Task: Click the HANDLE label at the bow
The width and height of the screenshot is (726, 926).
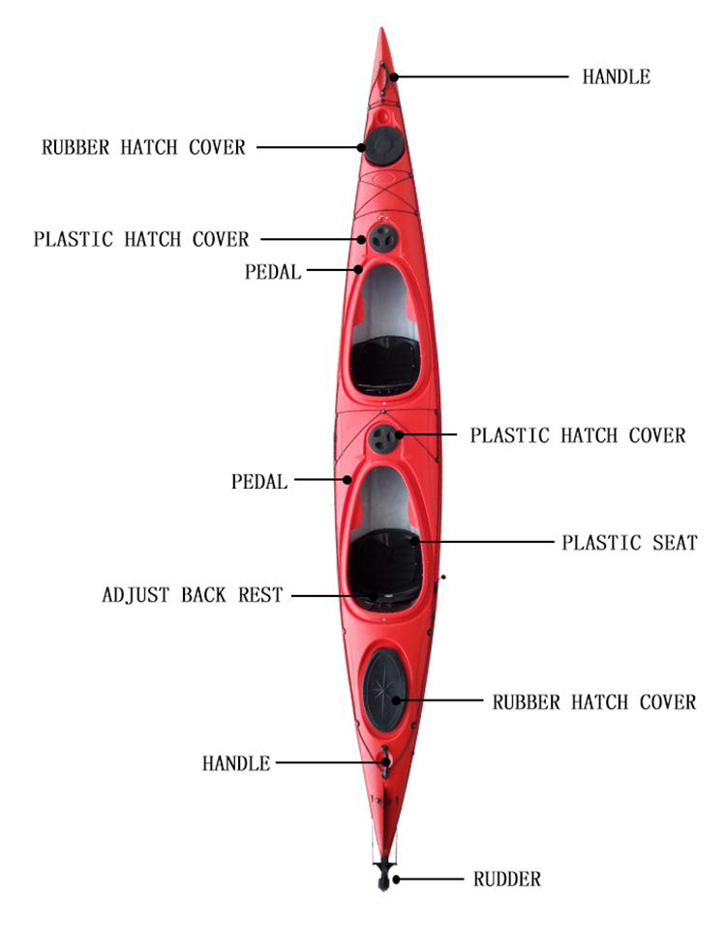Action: pyautogui.click(x=616, y=76)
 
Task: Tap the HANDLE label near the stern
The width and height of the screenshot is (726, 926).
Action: pyautogui.click(x=236, y=763)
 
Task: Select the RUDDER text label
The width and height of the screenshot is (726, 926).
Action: pyautogui.click(x=507, y=879)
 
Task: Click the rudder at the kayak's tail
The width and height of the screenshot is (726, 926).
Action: pyautogui.click(x=384, y=873)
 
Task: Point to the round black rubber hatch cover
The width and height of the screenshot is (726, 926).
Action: pyautogui.click(x=383, y=146)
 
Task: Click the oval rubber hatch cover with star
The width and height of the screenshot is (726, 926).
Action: pyautogui.click(x=385, y=690)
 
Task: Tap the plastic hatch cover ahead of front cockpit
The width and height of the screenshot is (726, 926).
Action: pyautogui.click(x=383, y=238)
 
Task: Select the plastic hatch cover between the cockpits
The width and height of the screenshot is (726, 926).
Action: pyautogui.click(x=383, y=438)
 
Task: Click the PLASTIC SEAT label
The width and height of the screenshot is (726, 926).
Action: pyautogui.click(x=630, y=542)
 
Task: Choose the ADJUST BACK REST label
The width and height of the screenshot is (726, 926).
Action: pyautogui.click(x=193, y=595)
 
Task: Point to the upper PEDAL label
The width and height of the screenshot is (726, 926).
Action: pyautogui.click(x=273, y=272)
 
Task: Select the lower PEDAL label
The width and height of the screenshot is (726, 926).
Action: pyautogui.click(x=259, y=481)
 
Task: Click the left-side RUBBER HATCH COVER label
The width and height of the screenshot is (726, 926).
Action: pyautogui.click(x=143, y=147)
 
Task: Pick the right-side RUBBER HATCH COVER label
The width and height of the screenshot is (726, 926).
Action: pyautogui.click(x=594, y=702)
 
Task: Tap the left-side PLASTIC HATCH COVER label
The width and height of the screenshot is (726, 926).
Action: pyautogui.click(x=141, y=239)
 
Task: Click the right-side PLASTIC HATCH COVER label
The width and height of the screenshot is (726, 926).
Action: pyautogui.click(x=578, y=435)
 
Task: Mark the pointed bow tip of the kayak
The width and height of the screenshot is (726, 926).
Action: pyautogui.click(x=382, y=28)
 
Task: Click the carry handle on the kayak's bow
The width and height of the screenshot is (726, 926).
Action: pyautogui.click(x=384, y=76)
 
